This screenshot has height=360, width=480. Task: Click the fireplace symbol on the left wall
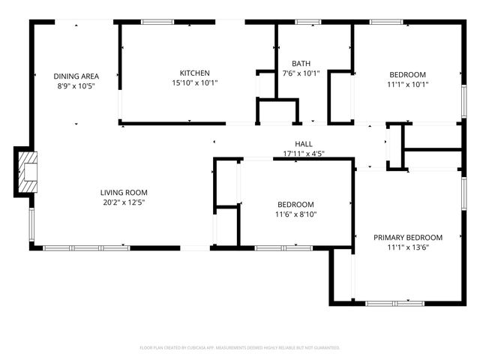point(28,172)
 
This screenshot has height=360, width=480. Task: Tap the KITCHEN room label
point(189,73)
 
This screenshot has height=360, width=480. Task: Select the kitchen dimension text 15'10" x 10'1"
point(189,84)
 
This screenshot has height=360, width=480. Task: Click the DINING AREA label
point(76,76)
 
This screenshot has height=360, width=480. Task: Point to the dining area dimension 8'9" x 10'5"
point(76,86)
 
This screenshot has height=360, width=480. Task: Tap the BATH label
point(301,64)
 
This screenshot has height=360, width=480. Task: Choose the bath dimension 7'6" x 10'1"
point(301,73)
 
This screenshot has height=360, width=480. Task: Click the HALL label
point(303,144)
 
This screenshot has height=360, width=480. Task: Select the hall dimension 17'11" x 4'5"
point(303,154)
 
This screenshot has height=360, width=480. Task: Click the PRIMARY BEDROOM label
point(408,237)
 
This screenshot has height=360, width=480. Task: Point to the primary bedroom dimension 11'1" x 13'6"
point(408,247)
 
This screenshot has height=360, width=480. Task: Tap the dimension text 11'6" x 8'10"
point(295,215)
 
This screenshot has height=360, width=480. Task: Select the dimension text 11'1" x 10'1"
point(407,85)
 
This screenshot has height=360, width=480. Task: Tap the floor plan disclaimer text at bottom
point(240,348)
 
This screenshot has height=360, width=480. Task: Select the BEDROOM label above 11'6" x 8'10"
point(295,205)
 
